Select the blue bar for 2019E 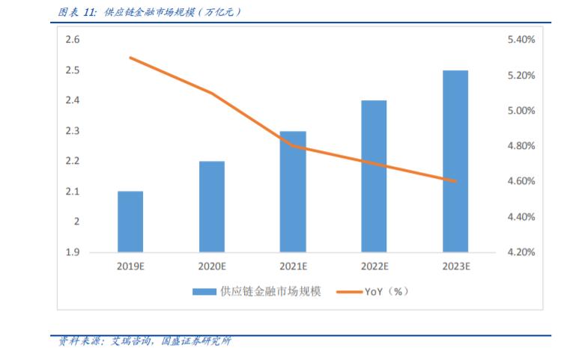(x=130, y=222)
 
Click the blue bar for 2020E (x=211, y=207)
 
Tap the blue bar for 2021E (x=293, y=192)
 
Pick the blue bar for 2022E (x=374, y=176)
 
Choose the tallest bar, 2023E (x=455, y=161)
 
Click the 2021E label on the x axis (x=293, y=266)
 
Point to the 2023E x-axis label (x=455, y=266)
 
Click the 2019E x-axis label (x=130, y=266)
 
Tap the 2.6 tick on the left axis (x=73, y=40)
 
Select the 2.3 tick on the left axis (x=73, y=131)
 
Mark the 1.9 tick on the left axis (x=73, y=252)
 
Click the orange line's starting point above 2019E (x=130, y=58)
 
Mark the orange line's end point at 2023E (x=455, y=181)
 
